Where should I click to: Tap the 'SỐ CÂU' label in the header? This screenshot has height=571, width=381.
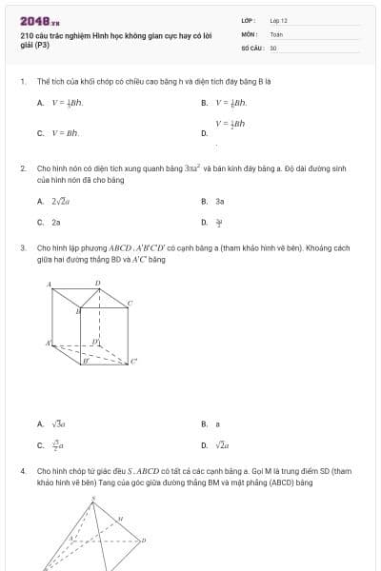point(252,47)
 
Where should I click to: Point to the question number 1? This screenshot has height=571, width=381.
point(21,82)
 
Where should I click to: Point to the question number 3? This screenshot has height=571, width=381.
point(21,246)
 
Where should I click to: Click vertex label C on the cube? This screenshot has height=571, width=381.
point(130,303)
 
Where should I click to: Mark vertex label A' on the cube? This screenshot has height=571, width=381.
point(49,342)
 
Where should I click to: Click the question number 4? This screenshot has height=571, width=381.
point(21,470)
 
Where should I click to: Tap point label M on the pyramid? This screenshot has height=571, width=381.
point(120,519)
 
